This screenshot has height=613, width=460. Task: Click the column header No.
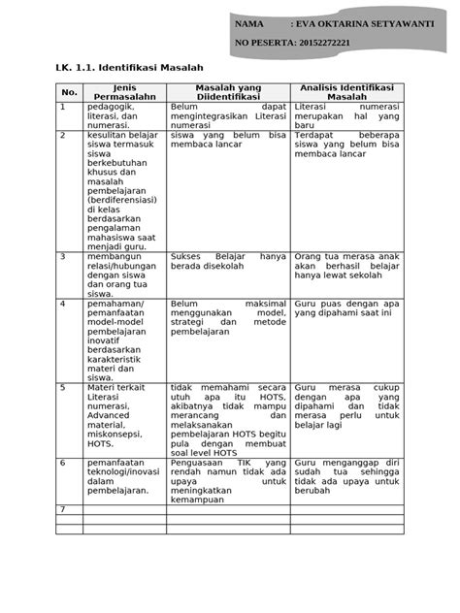[68, 92]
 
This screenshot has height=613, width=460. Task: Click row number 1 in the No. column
[62, 107]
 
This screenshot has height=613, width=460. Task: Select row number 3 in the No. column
[62, 257]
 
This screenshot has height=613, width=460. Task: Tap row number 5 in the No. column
[62, 387]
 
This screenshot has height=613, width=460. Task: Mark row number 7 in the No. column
[62, 509]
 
